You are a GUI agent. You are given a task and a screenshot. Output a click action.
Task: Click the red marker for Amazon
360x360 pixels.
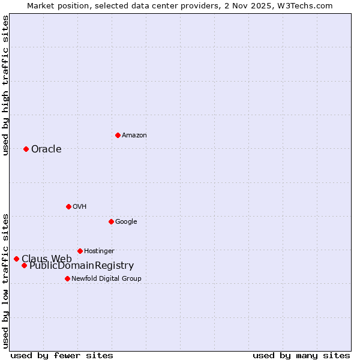pos(118,135)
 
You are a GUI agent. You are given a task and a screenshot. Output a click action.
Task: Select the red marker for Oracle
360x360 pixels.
pos(26,149)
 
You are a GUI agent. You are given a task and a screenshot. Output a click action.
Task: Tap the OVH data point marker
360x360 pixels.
pos(68,206)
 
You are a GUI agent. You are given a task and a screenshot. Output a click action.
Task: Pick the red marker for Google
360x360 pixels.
pos(111,221)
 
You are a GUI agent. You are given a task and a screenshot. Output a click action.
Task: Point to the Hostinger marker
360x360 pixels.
pos(80,251)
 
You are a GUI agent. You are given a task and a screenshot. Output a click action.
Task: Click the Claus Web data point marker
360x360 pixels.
pos(16,259)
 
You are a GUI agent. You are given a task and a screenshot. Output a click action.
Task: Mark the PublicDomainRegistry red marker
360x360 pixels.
pos(24,265)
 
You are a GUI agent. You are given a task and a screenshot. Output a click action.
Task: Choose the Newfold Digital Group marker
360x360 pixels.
pos(67,278)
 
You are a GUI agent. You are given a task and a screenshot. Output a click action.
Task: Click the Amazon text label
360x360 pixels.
pos(134,135)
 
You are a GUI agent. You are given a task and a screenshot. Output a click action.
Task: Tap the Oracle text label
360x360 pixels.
pos(46,149)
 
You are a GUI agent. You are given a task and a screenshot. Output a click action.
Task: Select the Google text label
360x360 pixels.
pos(126,221)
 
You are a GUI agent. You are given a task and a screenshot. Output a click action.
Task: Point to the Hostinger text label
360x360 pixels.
pos(99,251)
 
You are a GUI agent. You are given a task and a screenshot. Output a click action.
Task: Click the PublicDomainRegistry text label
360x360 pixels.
pos(82,266)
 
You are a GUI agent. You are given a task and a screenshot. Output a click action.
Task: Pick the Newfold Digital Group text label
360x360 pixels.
pos(106,278)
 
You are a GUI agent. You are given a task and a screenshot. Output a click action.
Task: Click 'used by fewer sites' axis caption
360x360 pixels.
pos(62,355)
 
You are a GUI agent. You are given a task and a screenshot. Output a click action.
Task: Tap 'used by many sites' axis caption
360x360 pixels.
pos(301,355)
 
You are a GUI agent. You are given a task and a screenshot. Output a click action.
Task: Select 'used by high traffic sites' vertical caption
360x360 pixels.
pos(5,85)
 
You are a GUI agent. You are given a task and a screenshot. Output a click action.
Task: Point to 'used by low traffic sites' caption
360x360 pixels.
pos(5,280)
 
